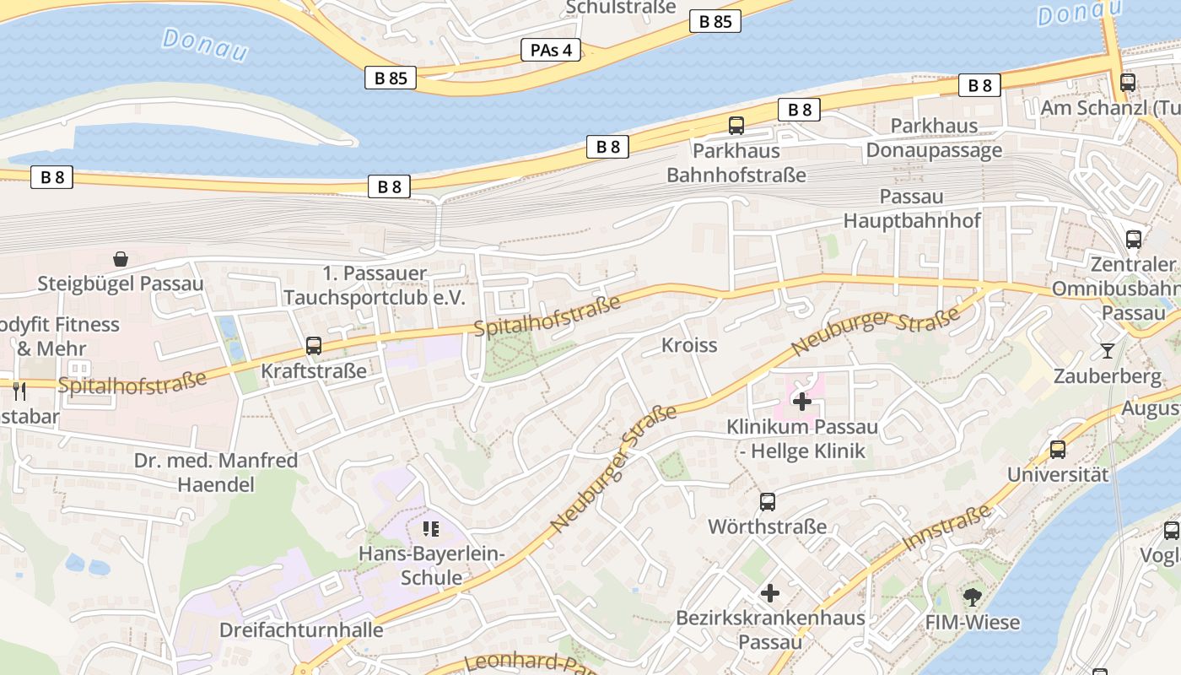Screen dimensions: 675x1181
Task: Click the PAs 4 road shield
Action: point(551,50)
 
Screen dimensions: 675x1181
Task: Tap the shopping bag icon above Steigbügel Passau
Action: point(121,258)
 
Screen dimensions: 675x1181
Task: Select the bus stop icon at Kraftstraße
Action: point(314,346)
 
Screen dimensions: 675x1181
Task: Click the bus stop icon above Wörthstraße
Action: point(768,502)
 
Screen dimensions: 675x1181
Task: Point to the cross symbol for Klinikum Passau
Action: point(802,402)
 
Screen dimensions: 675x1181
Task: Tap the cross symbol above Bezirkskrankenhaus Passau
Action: point(770,593)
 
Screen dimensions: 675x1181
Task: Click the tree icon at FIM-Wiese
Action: point(972,597)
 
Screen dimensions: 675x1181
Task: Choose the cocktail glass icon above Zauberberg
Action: point(1108,350)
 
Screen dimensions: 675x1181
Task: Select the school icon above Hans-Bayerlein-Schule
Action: point(431,530)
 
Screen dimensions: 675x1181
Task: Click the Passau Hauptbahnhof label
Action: point(912,208)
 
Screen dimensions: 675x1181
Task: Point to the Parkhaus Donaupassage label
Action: point(934,138)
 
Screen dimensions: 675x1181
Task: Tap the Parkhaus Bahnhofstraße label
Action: point(736,163)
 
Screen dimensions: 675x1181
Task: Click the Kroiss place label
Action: point(689,345)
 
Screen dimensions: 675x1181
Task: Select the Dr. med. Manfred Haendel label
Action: point(217,472)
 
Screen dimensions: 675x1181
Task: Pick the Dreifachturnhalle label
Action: point(301,630)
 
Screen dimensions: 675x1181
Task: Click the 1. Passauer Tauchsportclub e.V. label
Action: point(375,286)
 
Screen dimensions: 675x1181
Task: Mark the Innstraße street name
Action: point(946,528)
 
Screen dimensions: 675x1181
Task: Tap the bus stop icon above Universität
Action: point(1058,450)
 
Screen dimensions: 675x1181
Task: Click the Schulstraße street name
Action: point(622,8)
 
